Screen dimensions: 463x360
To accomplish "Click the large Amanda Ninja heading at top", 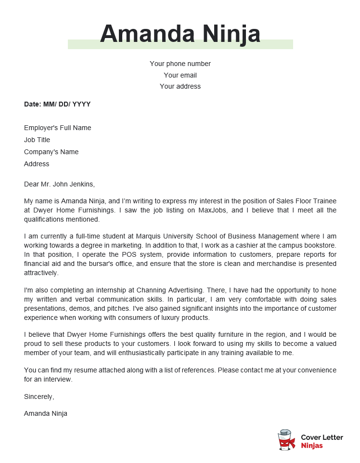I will click(180, 34).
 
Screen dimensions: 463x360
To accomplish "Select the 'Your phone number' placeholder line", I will click(180, 64).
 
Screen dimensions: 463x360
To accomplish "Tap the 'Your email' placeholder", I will click(180, 75).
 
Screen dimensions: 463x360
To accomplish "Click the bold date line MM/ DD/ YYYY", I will click(57, 104).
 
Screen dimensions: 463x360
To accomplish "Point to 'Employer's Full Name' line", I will click(57, 128).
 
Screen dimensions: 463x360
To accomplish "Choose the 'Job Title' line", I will click(37, 140).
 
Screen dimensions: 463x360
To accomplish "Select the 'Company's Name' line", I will click(51, 152).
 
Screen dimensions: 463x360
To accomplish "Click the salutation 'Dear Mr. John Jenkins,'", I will click(60, 184).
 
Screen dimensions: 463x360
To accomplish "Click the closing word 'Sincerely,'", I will click(39, 397).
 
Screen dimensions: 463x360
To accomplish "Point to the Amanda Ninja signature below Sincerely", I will click(46, 413).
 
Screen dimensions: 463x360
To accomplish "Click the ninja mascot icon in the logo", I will click(286, 440).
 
